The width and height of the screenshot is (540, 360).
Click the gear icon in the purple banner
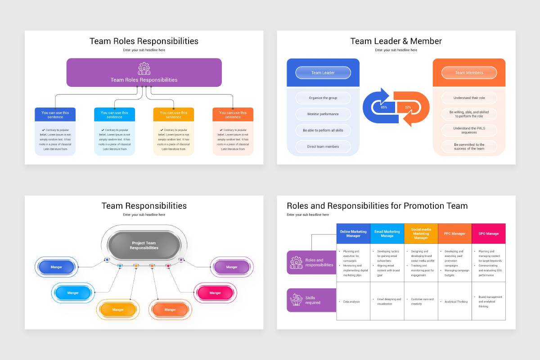(x=144, y=68)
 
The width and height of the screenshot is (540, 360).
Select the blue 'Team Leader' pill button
(x=323, y=73)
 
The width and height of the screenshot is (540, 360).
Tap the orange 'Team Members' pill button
(x=469, y=73)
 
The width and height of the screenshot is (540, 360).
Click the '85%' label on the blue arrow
(x=384, y=108)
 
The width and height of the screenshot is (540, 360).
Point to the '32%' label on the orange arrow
(x=408, y=108)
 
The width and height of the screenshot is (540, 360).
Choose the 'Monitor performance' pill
(x=323, y=114)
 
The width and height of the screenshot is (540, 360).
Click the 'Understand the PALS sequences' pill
(x=469, y=130)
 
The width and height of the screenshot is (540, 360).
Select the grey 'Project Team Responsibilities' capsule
(x=144, y=246)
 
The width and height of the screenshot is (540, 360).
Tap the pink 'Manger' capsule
(x=215, y=293)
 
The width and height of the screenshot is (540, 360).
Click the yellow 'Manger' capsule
(x=118, y=310)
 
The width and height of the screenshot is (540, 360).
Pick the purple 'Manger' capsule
(x=232, y=267)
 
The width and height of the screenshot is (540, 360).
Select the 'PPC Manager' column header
(x=454, y=234)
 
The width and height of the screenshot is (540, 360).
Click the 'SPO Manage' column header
(x=488, y=234)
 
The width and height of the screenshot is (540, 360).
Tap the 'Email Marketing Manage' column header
(x=387, y=234)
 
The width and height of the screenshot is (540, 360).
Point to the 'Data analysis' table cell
(x=353, y=301)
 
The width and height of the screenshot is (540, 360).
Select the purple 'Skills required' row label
(x=311, y=300)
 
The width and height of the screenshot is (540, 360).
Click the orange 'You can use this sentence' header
(x=233, y=115)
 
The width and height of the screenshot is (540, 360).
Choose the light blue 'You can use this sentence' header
(x=114, y=115)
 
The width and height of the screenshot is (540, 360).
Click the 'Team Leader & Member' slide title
(x=396, y=41)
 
